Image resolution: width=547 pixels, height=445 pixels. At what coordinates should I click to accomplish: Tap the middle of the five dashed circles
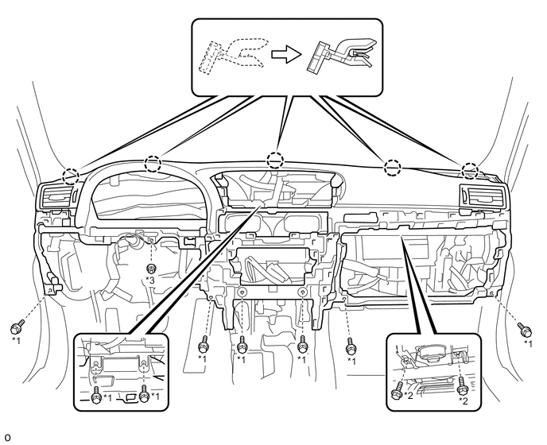[275, 159]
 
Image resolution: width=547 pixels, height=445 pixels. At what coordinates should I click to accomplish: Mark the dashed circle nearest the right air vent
[471, 170]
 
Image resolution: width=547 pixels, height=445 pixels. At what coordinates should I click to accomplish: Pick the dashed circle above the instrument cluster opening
[152, 164]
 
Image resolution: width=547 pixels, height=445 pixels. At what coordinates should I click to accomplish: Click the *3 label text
[150, 281]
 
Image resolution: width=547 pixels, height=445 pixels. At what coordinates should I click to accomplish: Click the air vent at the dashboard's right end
[481, 195]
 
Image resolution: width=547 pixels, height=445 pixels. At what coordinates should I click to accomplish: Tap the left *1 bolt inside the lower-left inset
[97, 393]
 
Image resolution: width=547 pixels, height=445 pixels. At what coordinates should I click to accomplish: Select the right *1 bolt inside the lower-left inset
[144, 393]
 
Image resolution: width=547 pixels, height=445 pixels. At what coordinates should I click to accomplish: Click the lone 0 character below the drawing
[6, 438]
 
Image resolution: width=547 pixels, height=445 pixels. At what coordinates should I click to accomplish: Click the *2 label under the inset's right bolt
[464, 401]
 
